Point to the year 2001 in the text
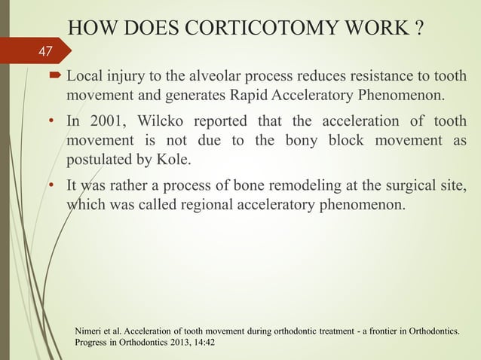(115, 122)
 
